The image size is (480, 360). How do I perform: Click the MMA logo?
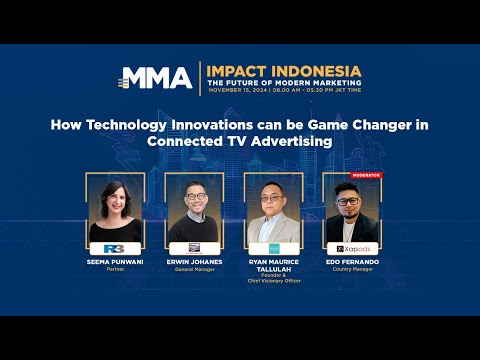[158, 77]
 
